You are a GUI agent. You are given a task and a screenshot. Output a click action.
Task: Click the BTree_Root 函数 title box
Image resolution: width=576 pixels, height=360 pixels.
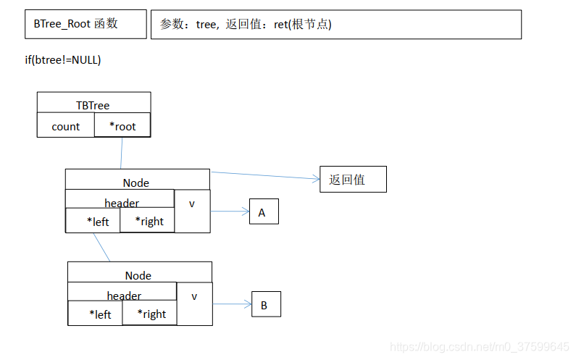[x=85, y=24]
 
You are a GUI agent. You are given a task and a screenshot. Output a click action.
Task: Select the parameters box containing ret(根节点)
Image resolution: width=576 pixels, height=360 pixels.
[x=335, y=24]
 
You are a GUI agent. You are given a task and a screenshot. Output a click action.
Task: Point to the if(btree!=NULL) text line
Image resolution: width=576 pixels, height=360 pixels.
[x=63, y=59]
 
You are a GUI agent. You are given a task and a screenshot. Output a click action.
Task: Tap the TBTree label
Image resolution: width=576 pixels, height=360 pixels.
[x=93, y=105]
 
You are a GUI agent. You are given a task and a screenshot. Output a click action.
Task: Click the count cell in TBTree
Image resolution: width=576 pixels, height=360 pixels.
[x=65, y=126]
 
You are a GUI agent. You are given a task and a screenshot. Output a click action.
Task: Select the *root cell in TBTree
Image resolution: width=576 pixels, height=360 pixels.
[x=122, y=125]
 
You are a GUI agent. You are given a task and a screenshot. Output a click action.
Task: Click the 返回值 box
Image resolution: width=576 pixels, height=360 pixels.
[x=353, y=179]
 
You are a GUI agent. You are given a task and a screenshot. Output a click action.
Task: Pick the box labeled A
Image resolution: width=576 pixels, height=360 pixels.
[x=263, y=212]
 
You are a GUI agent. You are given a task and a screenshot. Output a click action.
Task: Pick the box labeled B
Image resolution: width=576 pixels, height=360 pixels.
[x=265, y=304]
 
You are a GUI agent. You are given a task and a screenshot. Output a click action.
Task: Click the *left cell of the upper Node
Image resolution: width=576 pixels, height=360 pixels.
[x=93, y=221]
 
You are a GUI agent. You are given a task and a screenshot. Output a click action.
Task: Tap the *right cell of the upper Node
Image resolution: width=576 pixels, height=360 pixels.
[x=148, y=221]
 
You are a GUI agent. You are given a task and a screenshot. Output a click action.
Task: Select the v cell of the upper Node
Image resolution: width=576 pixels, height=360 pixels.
[x=192, y=204]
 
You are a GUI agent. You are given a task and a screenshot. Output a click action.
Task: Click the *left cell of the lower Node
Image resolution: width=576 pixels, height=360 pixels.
[x=95, y=314]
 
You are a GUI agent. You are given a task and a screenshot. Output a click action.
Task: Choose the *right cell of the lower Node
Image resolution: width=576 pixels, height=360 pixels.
[x=150, y=314]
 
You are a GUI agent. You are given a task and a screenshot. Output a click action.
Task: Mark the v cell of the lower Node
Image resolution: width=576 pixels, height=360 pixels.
[x=194, y=296]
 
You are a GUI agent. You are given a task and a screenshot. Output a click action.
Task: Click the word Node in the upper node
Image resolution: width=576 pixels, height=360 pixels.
[x=136, y=183]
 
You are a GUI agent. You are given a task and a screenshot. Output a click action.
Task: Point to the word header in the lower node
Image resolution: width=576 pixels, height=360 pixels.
[x=124, y=296]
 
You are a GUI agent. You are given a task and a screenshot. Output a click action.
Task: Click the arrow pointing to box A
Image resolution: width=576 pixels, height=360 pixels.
[x=230, y=212]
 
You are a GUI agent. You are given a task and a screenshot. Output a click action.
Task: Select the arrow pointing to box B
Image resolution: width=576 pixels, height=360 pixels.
[x=232, y=304]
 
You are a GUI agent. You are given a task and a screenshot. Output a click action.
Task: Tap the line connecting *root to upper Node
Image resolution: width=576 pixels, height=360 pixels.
[x=121, y=153]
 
